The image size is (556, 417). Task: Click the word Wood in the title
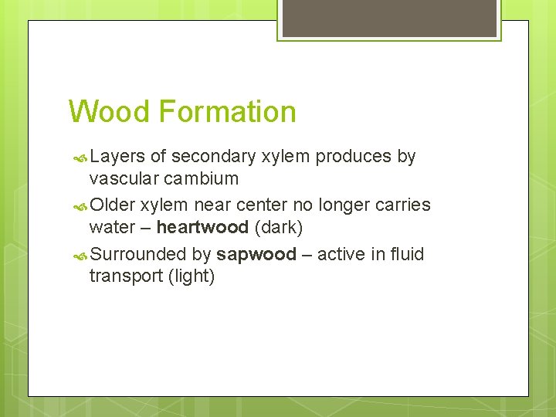tap(109, 112)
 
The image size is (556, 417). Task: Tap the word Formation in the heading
tap(227, 112)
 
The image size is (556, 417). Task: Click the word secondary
tap(213, 157)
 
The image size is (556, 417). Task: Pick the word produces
tap(354, 157)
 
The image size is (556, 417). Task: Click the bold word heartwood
tap(202, 228)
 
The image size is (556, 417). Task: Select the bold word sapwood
tap(256, 254)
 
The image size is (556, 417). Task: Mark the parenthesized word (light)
tap(191, 276)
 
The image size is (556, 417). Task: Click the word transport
tap(126, 276)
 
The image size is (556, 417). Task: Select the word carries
tap(403, 205)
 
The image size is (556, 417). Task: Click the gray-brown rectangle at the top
tap(389, 18)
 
